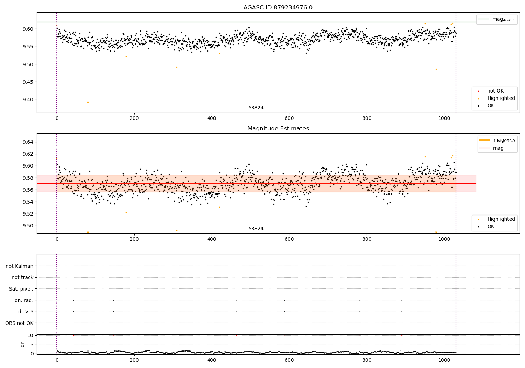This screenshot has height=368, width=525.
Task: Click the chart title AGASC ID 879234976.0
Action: [x=278, y=8]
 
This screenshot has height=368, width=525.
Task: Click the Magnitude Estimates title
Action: [x=278, y=129]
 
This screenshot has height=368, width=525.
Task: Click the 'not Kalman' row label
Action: [x=20, y=266]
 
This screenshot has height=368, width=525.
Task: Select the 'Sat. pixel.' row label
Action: [x=21, y=289]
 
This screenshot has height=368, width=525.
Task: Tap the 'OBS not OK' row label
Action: [x=19, y=323]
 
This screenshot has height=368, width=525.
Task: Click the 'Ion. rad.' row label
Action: [x=23, y=300]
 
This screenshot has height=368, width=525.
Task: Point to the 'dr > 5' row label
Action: [x=26, y=312]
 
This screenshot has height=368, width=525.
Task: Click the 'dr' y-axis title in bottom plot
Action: [x=23, y=345]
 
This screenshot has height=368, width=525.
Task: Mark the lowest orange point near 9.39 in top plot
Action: [x=88, y=102]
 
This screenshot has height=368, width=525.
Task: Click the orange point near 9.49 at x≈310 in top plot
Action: [x=177, y=67]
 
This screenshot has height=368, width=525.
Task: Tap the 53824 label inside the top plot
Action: [x=256, y=108]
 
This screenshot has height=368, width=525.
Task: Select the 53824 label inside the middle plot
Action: [x=256, y=229]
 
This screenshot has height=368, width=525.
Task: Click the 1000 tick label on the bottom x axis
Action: [x=444, y=360]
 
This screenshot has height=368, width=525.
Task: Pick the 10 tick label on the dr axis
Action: [x=30, y=335]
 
